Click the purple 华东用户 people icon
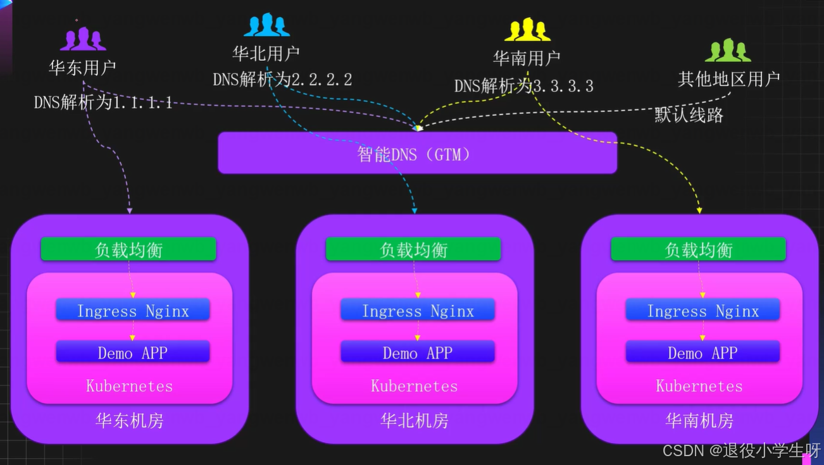click(83, 39)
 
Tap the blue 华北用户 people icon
click(266, 25)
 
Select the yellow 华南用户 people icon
click(527, 30)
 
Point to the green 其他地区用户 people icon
click(728, 51)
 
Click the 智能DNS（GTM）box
click(417, 153)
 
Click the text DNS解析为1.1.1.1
click(103, 102)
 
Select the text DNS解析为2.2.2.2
click(282, 80)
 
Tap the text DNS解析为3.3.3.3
click(523, 86)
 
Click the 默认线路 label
click(689, 115)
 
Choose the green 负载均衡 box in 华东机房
click(128, 249)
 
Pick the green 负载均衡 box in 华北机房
click(413, 249)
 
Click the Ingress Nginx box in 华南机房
click(702, 311)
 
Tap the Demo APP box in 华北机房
click(418, 352)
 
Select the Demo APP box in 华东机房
click(132, 352)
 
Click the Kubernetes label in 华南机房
click(699, 386)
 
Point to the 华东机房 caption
click(129, 421)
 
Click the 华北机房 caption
click(414, 421)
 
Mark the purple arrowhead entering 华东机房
click(130, 209)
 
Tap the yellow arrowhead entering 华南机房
click(699, 209)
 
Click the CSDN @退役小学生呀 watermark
click(740, 450)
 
